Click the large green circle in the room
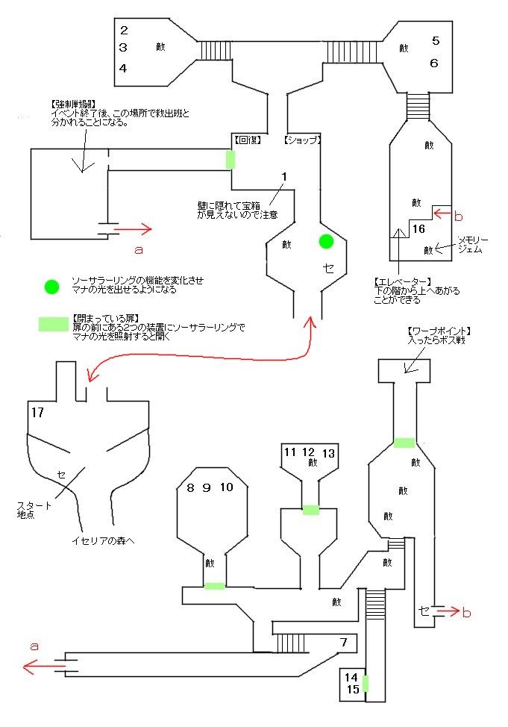point(325,241)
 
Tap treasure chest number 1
point(284,175)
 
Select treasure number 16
point(418,228)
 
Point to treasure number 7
point(343,642)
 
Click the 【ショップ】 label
point(302,140)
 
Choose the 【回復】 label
point(246,140)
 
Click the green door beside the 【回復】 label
point(231,159)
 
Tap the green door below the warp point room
point(404,443)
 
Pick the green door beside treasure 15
point(366,683)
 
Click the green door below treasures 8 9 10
point(214,586)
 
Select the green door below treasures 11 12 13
point(310,511)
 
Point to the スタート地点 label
point(34,511)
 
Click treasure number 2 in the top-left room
point(124,31)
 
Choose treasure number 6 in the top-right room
point(434,63)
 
